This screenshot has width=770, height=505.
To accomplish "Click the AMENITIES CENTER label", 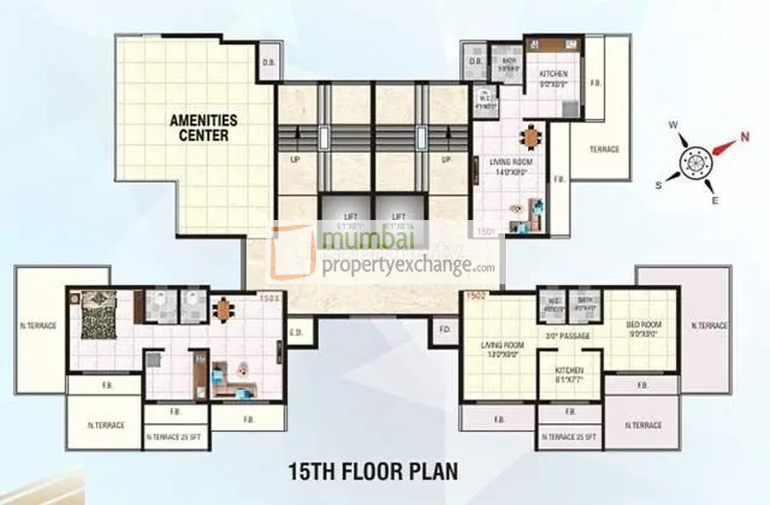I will (201, 128).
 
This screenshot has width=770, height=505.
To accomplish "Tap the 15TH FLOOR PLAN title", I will (373, 471).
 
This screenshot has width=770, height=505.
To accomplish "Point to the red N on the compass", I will (744, 137).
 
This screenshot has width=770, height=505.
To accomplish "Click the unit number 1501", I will (488, 231).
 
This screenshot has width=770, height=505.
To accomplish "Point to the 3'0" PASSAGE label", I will (568, 336).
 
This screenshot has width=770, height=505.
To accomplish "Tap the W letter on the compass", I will (673, 126).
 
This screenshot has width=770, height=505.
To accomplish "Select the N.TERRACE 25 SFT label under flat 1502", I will (569, 436).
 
